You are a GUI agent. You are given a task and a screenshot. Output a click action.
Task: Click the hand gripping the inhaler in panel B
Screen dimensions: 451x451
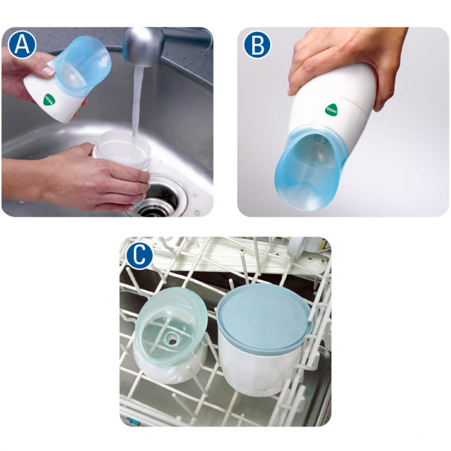(x=337, y=60)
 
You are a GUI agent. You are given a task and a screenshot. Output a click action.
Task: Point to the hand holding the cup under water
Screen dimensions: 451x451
(x=90, y=177)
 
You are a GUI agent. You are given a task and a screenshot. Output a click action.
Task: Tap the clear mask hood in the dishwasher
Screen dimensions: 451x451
(x=171, y=325)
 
